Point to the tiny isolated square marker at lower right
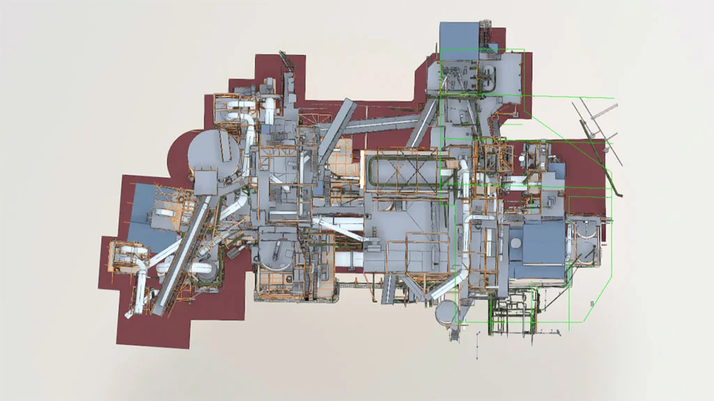[x=592, y=303]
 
